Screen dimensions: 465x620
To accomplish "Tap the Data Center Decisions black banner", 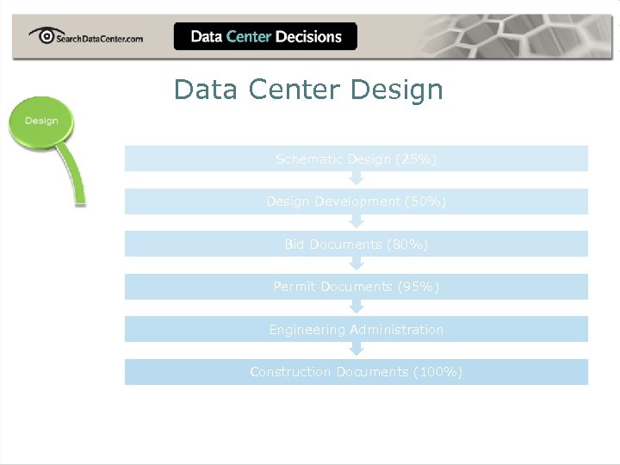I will [x=265, y=36].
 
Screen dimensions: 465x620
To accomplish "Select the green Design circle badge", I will [x=41, y=121].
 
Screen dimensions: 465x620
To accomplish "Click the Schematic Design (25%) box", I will [x=356, y=158].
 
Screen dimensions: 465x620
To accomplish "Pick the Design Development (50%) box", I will [x=356, y=201].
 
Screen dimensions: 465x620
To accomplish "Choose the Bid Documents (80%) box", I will [x=356, y=244].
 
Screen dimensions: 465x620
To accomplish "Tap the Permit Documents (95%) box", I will [x=356, y=287].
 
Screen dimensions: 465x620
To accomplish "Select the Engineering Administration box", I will [x=356, y=329].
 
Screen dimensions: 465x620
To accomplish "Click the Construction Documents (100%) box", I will [x=356, y=372].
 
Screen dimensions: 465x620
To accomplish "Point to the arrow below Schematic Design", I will [x=356, y=179].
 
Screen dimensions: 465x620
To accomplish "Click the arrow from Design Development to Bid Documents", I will [x=356, y=222].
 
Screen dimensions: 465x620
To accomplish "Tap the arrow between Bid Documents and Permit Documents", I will [x=356, y=265].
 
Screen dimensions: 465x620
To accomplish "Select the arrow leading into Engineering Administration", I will [x=356, y=307].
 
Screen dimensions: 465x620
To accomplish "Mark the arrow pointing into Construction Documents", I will [x=356, y=350].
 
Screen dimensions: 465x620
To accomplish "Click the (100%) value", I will [x=437, y=372].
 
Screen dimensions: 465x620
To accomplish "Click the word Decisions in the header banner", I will [x=308, y=36].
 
